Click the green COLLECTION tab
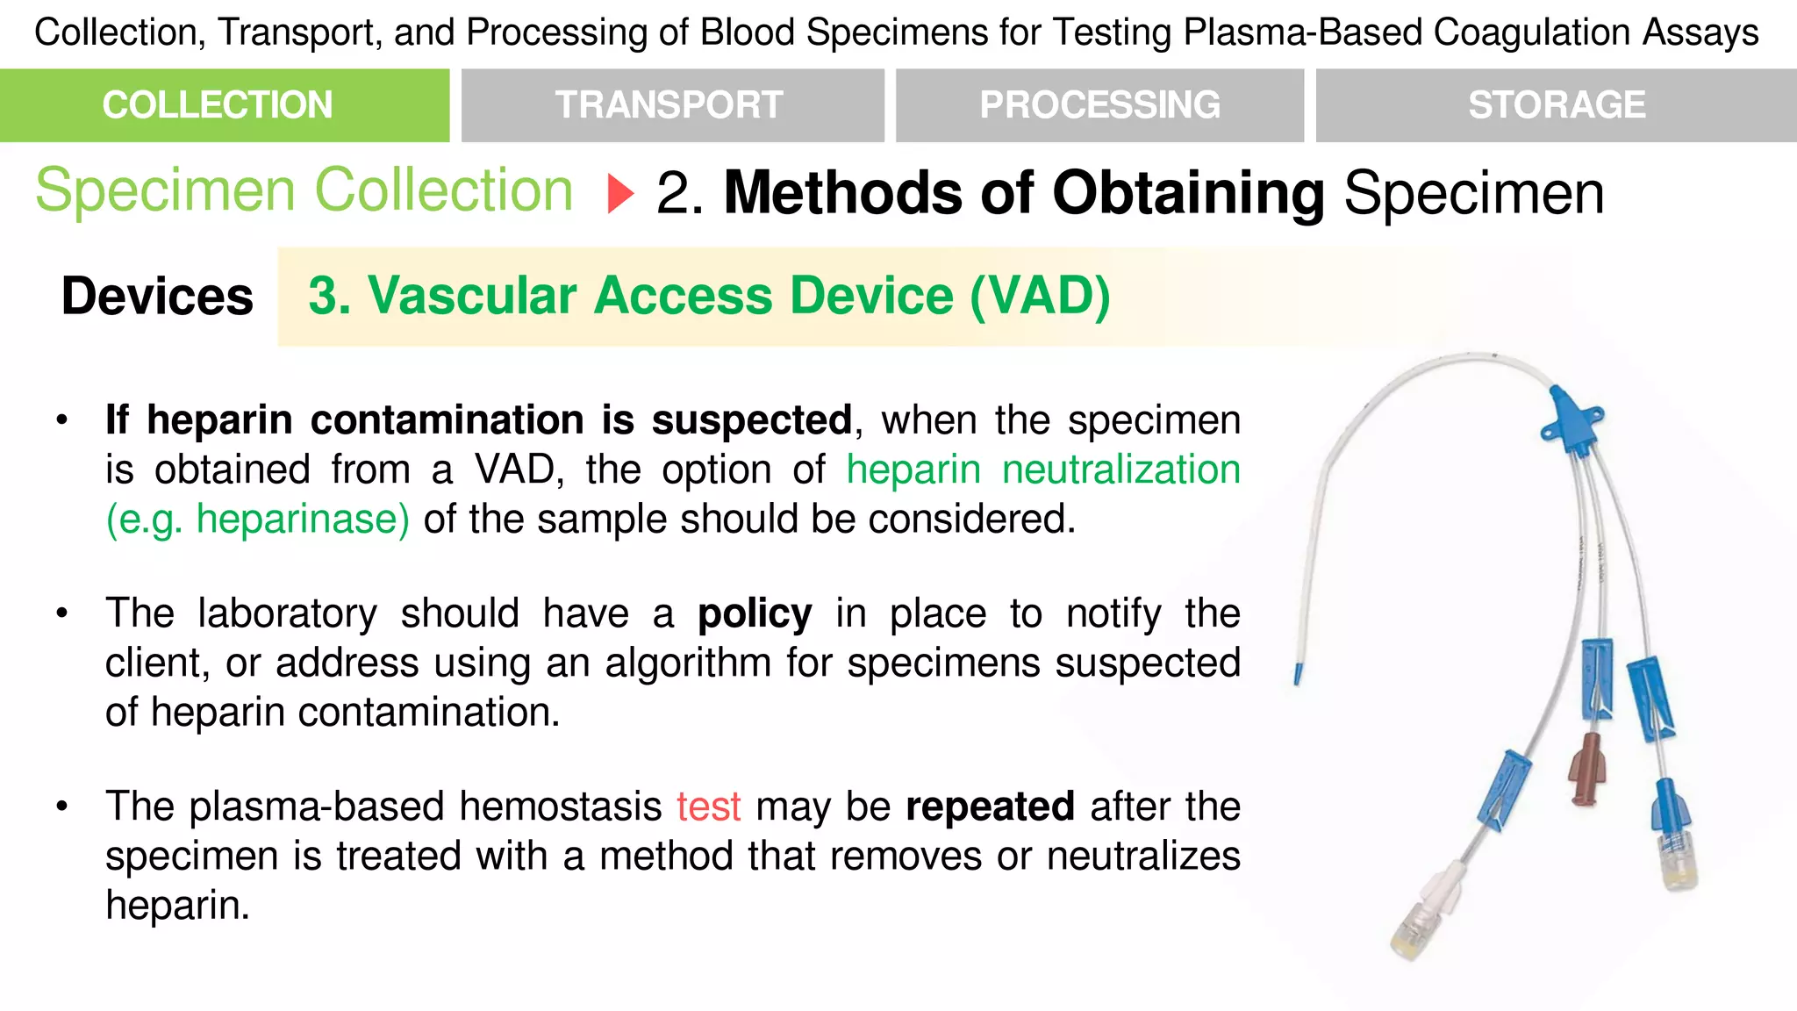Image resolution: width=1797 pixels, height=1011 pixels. coord(225,105)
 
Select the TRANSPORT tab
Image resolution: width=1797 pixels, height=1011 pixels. coord(672,105)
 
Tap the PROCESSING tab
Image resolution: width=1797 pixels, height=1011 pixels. coord(1099,105)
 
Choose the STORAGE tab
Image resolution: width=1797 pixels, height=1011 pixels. coord(1556,105)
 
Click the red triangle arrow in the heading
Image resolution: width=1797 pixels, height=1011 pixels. coord(619,193)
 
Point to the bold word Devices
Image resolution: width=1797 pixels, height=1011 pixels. coord(157,297)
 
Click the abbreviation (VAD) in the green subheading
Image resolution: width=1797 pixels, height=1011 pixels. coord(1040,296)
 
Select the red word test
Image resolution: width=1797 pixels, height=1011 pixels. coord(708,807)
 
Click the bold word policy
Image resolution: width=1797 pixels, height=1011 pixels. coord(755,614)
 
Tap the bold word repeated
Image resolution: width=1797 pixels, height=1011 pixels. coord(990,807)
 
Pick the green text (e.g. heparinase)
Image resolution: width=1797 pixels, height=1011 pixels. coord(257,520)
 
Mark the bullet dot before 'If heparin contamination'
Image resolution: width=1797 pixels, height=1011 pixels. coord(61,420)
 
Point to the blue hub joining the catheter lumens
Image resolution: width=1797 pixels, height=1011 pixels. coord(1572,420)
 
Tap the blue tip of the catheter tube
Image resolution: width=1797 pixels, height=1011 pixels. coord(1298,674)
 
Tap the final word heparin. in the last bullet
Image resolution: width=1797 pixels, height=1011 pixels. coord(178,905)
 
